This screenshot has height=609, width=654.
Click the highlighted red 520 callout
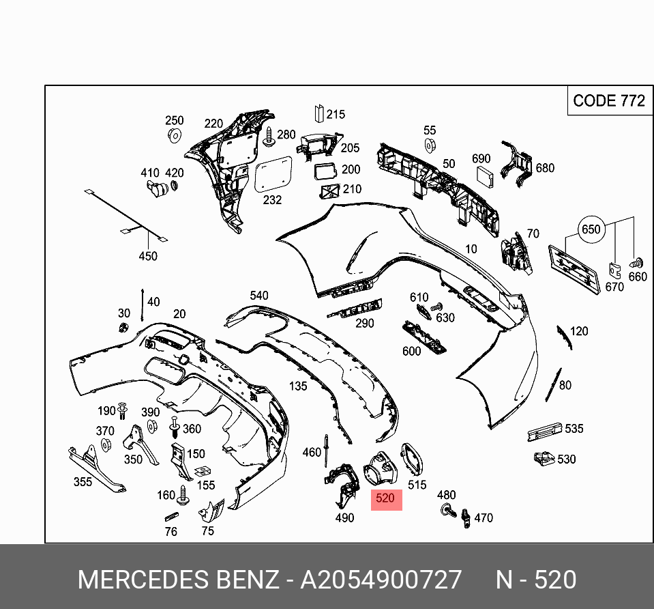point(385,498)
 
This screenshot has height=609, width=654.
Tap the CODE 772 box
point(608,101)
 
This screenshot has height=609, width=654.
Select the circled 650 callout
point(591,229)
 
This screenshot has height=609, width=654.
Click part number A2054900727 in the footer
point(381,580)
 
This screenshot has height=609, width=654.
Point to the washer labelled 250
point(175,134)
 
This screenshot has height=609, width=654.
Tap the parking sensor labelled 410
point(154,187)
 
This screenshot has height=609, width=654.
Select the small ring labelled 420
point(174,186)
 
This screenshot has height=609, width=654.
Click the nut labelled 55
point(430,145)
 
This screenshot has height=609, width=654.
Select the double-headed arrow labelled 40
point(142,304)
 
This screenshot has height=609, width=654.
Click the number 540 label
point(259,296)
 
